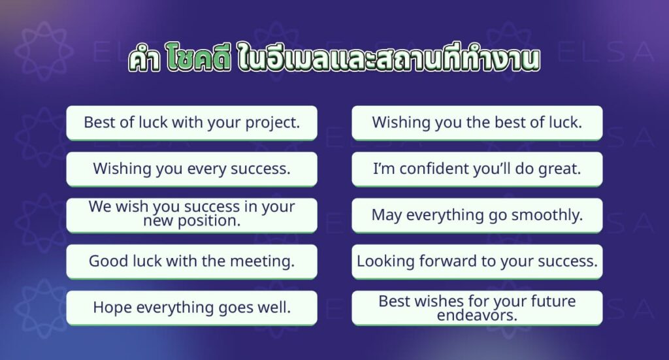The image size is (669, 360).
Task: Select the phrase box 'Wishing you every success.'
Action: click(x=191, y=169)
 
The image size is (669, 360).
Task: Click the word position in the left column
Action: click(x=205, y=221)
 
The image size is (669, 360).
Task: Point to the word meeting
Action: click(x=265, y=261)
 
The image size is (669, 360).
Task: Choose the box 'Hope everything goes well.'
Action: click(x=191, y=307)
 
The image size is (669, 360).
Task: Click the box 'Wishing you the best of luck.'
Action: click(x=477, y=122)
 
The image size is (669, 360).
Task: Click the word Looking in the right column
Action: click(x=385, y=261)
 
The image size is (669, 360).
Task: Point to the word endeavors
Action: click(x=476, y=314)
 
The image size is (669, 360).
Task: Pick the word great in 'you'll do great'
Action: click(x=559, y=169)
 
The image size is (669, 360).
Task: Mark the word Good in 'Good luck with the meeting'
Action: click(x=106, y=261)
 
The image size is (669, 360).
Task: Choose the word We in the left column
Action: click(x=100, y=207)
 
